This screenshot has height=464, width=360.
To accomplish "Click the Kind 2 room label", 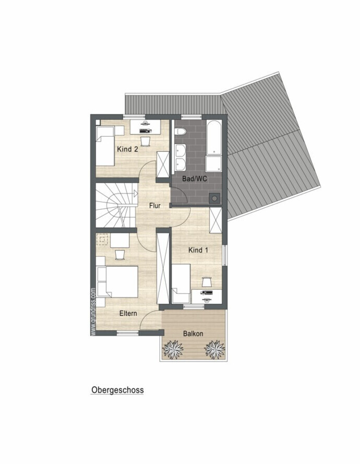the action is (x=127, y=149).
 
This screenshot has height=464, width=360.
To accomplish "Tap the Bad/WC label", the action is (x=195, y=179).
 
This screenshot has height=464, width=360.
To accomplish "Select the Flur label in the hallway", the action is (x=155, y=205).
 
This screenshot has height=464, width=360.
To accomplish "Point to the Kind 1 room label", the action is (x=198, y=250).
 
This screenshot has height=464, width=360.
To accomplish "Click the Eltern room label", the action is (x=128, y=313).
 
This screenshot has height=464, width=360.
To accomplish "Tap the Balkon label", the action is (x=193, y=334).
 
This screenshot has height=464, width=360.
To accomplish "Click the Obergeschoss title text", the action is (x=117, y=390).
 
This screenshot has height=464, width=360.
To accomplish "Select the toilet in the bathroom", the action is (x=180, y=131).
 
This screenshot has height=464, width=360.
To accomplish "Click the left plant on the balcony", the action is (x=173, y=348).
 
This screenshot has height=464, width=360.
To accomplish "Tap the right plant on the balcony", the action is (x=215, y=348).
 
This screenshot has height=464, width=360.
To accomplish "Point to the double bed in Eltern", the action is (x=117, y=282).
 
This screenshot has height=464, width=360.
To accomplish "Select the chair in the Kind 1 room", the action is (x=207, y=281).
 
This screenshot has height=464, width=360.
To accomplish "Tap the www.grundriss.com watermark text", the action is (x=93, y=312).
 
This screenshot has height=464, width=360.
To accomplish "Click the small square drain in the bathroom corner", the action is (x=214, y=198).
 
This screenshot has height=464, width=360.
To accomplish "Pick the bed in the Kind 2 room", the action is (x=105, y=146).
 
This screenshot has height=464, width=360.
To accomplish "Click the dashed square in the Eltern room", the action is (x=103, y=239).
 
